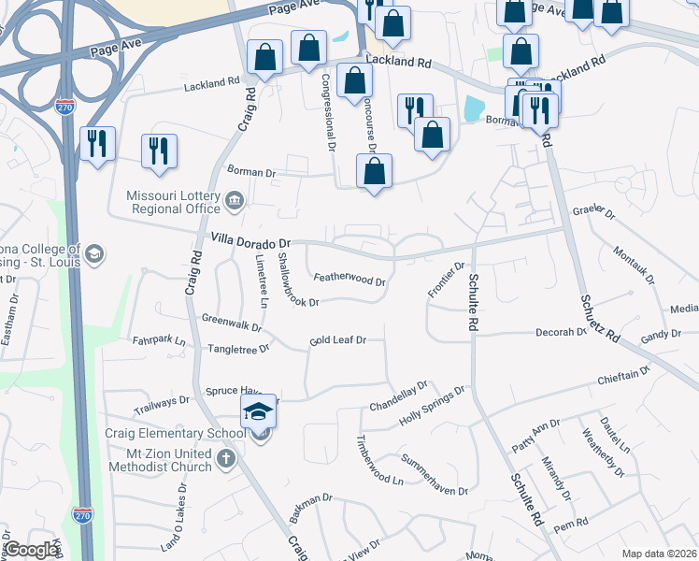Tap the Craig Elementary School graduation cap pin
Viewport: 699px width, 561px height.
click(x=259, y=410)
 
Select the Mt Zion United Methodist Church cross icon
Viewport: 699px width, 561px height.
click(x=225, y=458)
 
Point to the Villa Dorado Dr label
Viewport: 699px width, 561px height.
click(x=252, y=239)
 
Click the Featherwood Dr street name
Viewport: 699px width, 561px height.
click(x=349, y=278)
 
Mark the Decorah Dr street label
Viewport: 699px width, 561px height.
click(x=561, y=332)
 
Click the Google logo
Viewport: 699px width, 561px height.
click(x=31, y=550)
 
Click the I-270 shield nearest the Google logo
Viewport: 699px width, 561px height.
click(x=80, y=514)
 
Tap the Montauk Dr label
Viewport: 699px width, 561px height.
click(x=636, y=266)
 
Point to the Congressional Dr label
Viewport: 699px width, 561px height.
click(x=328, y=112)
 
